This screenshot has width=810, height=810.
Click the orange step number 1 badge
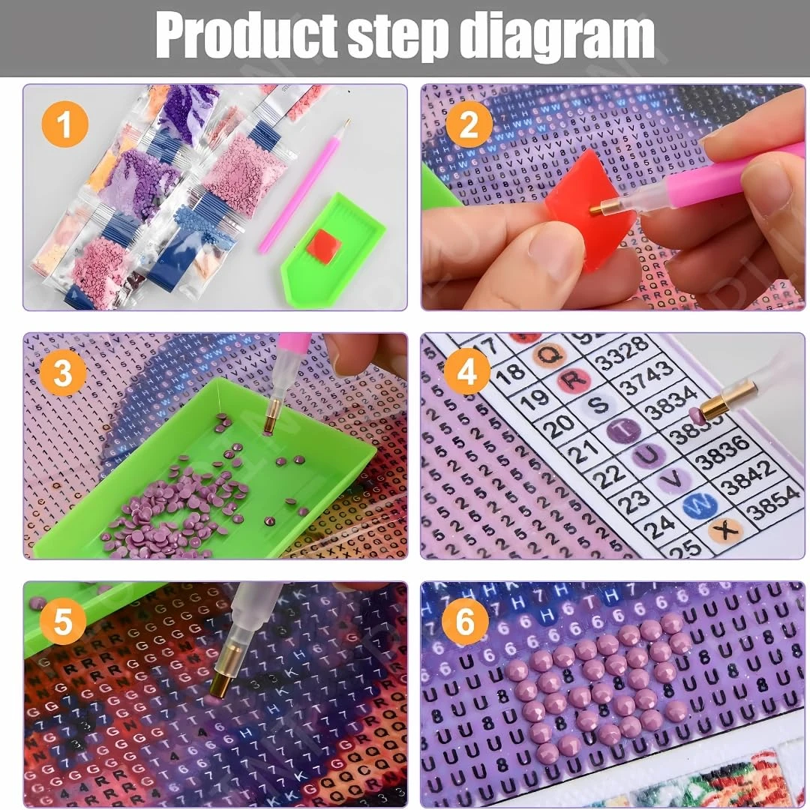[x=64, y=125]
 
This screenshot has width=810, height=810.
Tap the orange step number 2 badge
[x=467, y=125]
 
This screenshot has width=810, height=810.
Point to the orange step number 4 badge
[x=467, y=372]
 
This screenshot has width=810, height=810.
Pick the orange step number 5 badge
[x=63, y=621]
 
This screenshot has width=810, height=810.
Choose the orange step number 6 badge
[x=465, y=622]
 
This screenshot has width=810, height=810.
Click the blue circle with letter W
[x=695, y=508]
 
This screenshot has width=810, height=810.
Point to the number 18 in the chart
[x=511, y=372]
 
